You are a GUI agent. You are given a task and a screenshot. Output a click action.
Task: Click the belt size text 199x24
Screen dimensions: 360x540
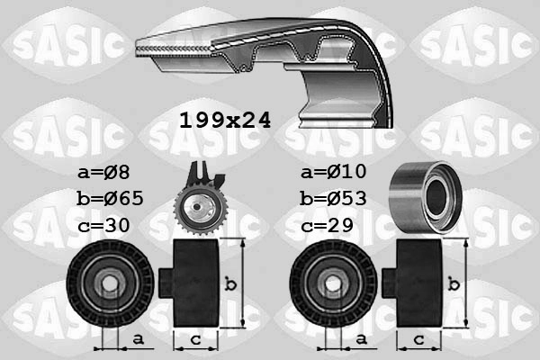(x=224, y=118)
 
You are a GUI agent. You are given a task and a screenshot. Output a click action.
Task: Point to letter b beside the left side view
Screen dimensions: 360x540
(x=231, y=284)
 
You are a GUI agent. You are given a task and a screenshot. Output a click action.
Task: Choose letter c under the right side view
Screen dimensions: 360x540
(x=418, y=340)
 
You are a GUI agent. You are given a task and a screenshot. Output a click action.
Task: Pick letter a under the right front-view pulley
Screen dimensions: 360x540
(x=360, y=339)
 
